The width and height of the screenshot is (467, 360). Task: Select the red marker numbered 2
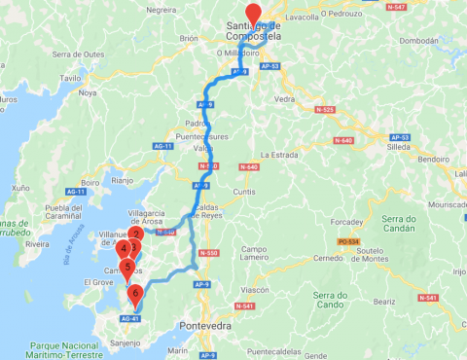coord(136,234)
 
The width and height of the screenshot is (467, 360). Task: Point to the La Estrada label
coord(282,155)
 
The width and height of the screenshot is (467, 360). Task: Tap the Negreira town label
coord(160,9)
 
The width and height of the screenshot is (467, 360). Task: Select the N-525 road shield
coord(325,110)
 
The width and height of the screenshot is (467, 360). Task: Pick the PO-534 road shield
coord(349,239)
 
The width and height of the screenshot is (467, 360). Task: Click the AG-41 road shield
coord(130,318)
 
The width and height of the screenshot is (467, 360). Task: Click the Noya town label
coord(88,93)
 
